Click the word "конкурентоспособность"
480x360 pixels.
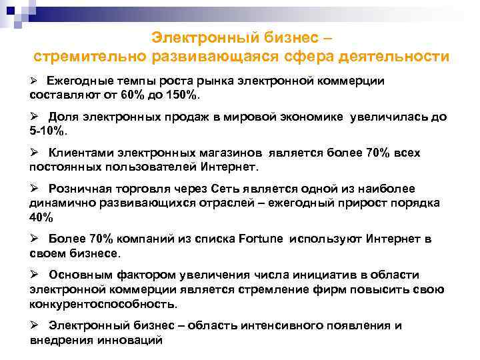(x=103, y=304)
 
